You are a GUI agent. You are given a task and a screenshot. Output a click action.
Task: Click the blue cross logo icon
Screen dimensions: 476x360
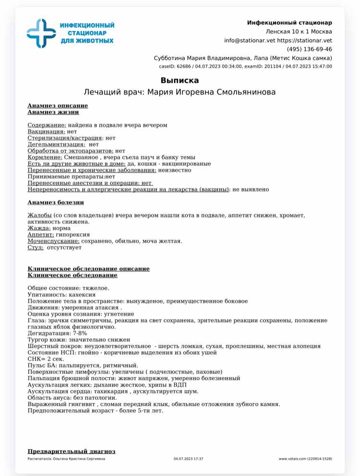coord(41,33)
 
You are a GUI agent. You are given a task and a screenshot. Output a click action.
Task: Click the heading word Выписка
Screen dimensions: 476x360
coord(180,80)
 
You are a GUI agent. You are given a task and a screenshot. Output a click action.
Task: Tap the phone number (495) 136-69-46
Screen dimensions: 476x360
coord(309,49)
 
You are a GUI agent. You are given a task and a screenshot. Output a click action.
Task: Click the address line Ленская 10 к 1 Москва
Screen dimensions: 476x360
coord(299,31)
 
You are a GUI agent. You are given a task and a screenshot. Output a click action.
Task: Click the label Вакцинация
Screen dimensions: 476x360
coord(46,131)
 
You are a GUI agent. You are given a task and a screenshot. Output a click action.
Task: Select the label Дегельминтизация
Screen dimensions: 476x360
coord(56,144)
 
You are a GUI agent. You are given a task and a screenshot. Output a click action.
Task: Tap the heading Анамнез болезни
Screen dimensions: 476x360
coord(56,203)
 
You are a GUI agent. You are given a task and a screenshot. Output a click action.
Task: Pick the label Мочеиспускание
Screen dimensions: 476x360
coord(53,241)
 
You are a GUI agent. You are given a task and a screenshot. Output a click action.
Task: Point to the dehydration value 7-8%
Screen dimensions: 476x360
coord(80,333)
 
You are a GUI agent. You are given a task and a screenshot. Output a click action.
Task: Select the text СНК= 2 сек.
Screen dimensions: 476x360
coord(45,359)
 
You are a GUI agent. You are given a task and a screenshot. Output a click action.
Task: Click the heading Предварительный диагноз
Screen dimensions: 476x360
coord(72,452)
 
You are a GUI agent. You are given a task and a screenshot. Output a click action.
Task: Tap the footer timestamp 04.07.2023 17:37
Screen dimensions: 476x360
coord(188,459)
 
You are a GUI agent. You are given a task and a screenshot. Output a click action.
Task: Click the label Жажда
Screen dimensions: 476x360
coord(39,228)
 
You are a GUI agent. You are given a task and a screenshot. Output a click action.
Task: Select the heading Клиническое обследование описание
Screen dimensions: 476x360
coord(88,269)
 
